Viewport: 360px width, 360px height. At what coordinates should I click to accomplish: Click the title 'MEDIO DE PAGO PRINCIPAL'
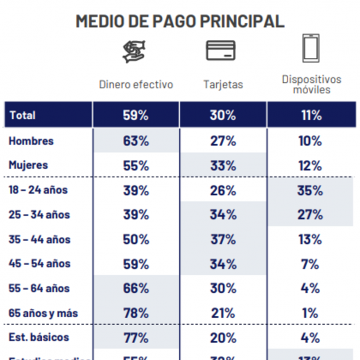[x=180, y=21]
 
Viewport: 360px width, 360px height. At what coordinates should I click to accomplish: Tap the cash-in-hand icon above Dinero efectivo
[x=135, y=51]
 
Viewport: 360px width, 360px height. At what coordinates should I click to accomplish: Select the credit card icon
[x=221, y=50]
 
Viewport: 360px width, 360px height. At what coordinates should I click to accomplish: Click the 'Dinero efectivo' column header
[x=136, y=85]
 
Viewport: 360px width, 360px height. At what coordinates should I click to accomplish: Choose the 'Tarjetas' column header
[x=223, y=85]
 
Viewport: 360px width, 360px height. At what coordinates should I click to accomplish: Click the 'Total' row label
[x=23, y=115]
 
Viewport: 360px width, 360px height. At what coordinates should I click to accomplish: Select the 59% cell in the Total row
[x=136, y=115]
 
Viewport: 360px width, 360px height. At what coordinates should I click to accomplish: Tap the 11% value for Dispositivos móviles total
[x=311, y=115]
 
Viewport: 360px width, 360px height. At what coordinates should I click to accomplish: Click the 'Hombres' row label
[x=31, y=141]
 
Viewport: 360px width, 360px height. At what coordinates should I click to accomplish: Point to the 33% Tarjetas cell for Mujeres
[x=223, y=165]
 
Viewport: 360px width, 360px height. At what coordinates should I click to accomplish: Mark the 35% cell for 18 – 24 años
[x=310, y=190]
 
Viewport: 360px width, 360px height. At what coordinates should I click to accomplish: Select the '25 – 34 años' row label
[x=39, y=214]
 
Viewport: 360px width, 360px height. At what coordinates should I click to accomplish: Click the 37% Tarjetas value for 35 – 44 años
[x=223, y=239]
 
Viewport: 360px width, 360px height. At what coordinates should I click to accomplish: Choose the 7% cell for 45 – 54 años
[x=310, y=264]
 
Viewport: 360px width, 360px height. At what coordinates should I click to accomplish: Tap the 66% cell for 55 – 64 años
[x=136, y=288]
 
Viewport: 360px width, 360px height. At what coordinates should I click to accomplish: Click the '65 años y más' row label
[x=43, y=313]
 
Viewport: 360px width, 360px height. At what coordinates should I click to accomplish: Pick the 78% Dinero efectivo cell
[x=136, y=313]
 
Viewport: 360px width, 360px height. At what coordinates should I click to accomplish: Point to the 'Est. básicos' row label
[x=38, y=337]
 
